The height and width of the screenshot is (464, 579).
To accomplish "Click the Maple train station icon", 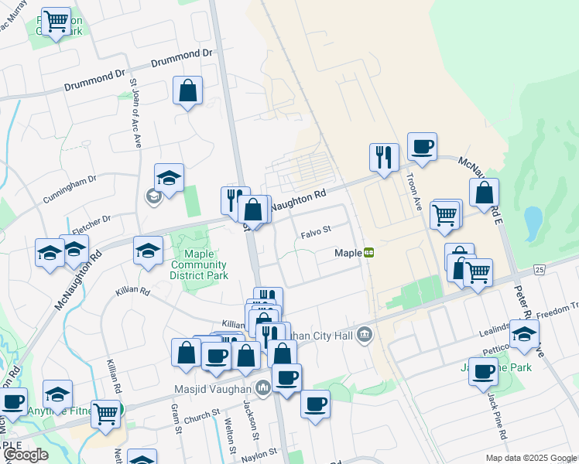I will [x=369, y=252].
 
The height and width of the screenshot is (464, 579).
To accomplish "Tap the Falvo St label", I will [x=316, y=230].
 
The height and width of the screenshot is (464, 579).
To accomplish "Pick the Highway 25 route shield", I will [x=539, y=269].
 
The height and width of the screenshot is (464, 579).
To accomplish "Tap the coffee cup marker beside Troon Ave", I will [x=422, y=147].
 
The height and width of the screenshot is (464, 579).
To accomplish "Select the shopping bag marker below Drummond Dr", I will [x=188, y=90].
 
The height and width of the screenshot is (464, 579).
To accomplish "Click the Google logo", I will [x=26, y=455].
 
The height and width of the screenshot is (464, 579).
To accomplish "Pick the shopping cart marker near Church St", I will [x=105, y=414].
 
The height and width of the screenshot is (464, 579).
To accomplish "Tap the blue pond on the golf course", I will [x=533, y=223].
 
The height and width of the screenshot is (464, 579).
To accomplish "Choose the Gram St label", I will [x=175, y=418].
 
